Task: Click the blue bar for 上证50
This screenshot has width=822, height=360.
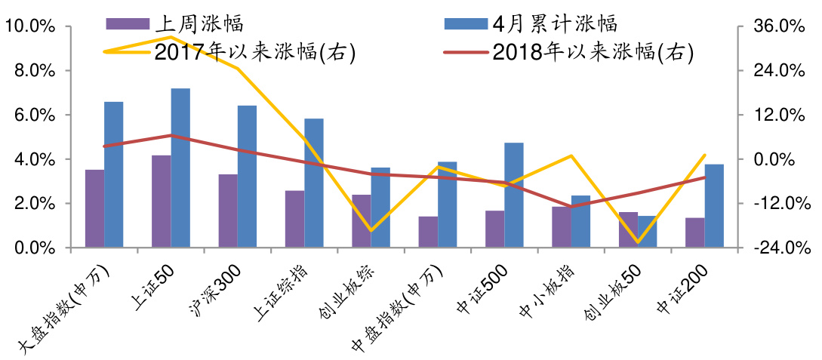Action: pos(180,168)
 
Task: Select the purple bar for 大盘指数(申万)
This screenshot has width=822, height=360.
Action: pos(94,208)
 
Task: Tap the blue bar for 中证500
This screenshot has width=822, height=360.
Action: pos(514,195)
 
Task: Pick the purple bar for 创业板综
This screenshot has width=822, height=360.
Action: pos(362,220)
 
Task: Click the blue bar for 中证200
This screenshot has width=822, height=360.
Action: pos(714,205)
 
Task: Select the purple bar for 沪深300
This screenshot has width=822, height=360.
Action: pos(228,211)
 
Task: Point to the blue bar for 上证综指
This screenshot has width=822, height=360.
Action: pos(314,183)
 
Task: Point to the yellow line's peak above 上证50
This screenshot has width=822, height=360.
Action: pos(171,36)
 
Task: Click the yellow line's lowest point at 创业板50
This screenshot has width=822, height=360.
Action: pos(638,242)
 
